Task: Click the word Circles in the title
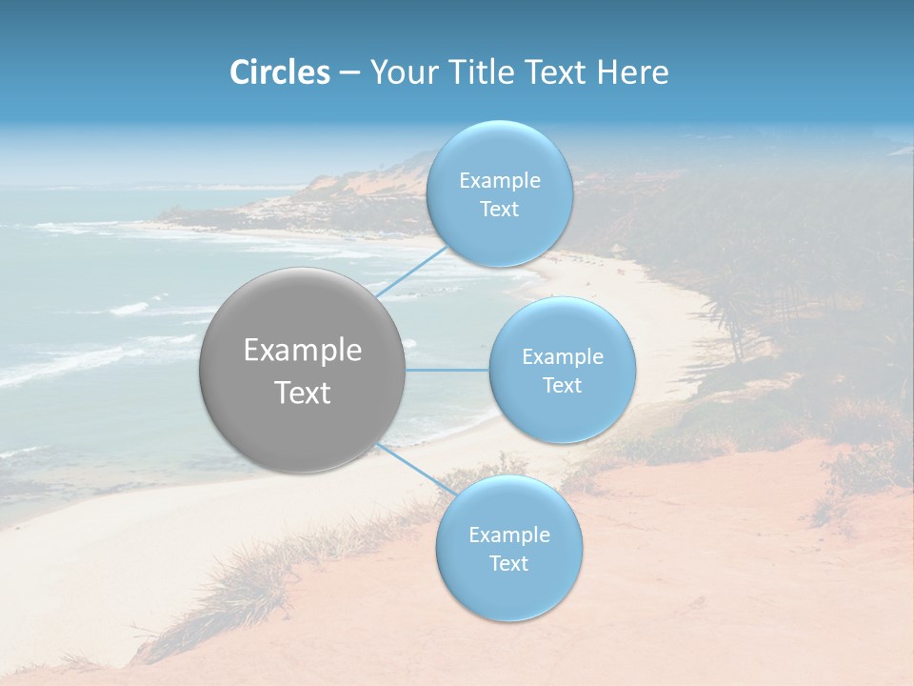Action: [279, 72]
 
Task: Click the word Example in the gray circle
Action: [303, 351]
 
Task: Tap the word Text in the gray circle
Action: [303, 393]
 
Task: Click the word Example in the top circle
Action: [499, 181]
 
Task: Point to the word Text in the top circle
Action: [499, 210]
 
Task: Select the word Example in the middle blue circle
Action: [562, 357]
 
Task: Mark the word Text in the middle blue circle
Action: [562, 386]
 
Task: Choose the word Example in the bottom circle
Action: [508, 535]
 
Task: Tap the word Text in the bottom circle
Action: [508, 564]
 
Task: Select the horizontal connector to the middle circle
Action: [447, 370]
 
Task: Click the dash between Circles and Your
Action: [348, 73]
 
